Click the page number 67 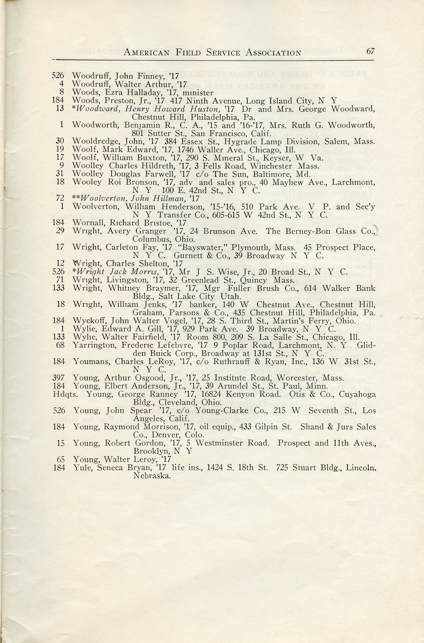[x=370, y=51]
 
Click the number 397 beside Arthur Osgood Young [x=59, y=378]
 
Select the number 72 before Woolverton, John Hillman [x=60, y=198]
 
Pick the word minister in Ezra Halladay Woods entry [x=198, y=93]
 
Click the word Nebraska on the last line [x=152, y=476]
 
